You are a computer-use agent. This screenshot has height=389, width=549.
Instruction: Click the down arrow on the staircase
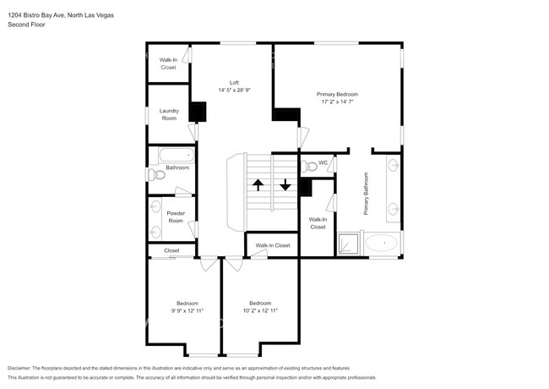coord(285,184)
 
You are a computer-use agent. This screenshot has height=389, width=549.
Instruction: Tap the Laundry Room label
coord(169,114)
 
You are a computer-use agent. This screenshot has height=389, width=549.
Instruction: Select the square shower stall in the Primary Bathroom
coord(349,244)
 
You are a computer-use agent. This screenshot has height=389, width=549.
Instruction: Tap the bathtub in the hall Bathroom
coord(177,156)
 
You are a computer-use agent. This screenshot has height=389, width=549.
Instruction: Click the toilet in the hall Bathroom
coord(154,175)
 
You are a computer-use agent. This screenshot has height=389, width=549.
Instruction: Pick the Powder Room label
coord(176,216)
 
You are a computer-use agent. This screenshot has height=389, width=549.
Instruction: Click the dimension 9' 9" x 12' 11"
coord(188,310)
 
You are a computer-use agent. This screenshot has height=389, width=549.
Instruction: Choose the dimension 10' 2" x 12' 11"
coord(260,310)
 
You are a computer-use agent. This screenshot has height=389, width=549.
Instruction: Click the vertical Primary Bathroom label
coord(367,194)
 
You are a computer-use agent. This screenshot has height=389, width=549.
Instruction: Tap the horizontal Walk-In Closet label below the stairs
coord(273,245)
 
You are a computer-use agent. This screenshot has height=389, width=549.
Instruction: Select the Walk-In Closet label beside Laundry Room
coord(168,63)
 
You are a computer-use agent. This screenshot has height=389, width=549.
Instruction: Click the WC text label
coord(323,163)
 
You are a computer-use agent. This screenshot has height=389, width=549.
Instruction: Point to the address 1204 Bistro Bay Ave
coord(47,15)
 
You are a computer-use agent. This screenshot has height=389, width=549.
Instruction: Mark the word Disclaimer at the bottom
coord(23,368)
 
